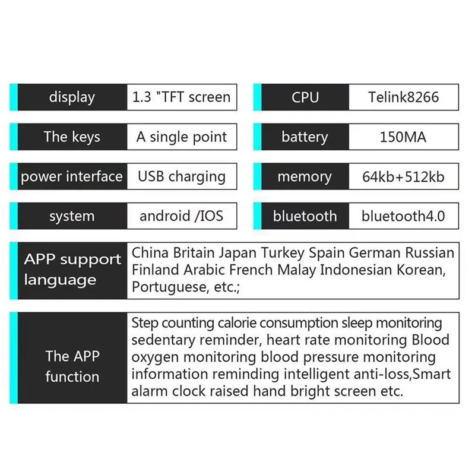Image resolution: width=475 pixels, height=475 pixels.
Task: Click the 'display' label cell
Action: click(x=72, y=97)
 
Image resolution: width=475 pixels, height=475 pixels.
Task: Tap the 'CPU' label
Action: click(x=305, y=97)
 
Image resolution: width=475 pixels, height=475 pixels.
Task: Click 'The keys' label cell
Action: click(x=72, y=137)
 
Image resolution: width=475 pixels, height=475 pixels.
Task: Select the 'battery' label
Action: click(x=305, y=137)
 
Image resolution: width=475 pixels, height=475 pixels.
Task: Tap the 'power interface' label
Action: click(x=72, y=177)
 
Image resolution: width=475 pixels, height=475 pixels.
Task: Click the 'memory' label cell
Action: click(x=305, y=177)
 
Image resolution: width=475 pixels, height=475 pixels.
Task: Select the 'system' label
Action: click(x=72, y=217)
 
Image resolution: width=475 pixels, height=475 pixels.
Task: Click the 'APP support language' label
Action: click(x=72, y=270)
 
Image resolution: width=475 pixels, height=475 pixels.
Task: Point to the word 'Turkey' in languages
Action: click(x=283, y=253)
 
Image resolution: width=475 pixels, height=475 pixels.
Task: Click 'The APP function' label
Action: click(x=72, y=366)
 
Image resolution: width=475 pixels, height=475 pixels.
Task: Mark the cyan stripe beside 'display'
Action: click(x=14, y=97)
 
